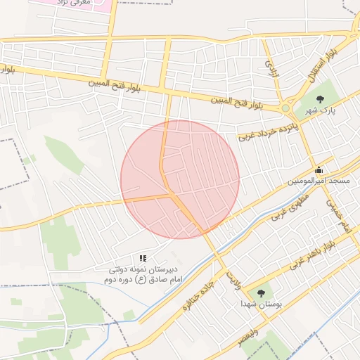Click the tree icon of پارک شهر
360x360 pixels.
click(x=321, y=98)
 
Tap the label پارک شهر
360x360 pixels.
click(x=321, y=111)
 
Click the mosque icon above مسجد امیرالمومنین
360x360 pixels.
click(x=319, y=169)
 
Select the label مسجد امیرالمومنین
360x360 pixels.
click(x=319, y=181)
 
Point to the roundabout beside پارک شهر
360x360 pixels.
click(x=286, y=108)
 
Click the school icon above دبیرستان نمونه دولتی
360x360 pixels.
click(x=143, y=259)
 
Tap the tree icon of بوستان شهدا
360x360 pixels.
click(x=261, y=293)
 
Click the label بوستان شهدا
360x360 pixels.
click(x=261, y=305)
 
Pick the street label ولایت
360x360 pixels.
click(x=233, y=281)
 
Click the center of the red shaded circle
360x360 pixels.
click(x=180, y=179)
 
